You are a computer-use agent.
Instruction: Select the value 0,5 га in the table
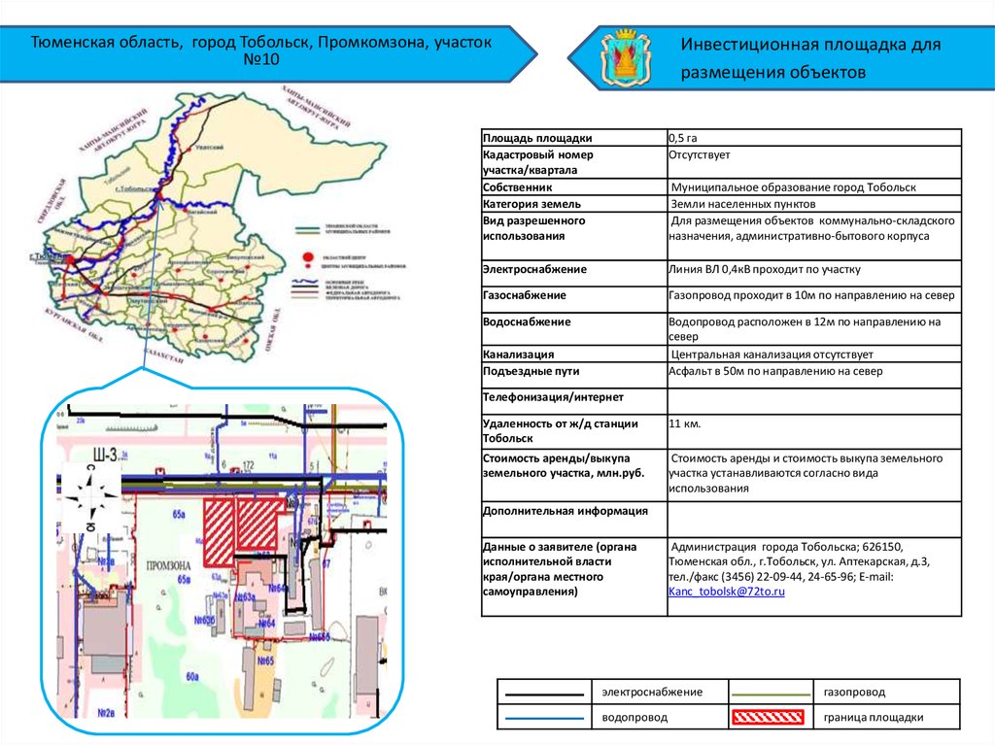pos(683,138)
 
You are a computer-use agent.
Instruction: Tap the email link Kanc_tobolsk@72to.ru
pos(726,591)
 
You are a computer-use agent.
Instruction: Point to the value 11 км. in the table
pos(685,423)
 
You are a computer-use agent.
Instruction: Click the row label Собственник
pos(518,187)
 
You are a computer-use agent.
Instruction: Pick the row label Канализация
pos(519,355)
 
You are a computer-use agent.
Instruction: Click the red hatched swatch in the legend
pos(768,718)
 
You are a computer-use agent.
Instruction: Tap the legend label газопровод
pos(854,692)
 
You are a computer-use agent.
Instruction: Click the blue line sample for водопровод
pos(544,718)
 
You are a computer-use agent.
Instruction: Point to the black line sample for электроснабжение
pos(544,693)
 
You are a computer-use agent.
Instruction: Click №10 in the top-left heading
pos(259,61)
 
